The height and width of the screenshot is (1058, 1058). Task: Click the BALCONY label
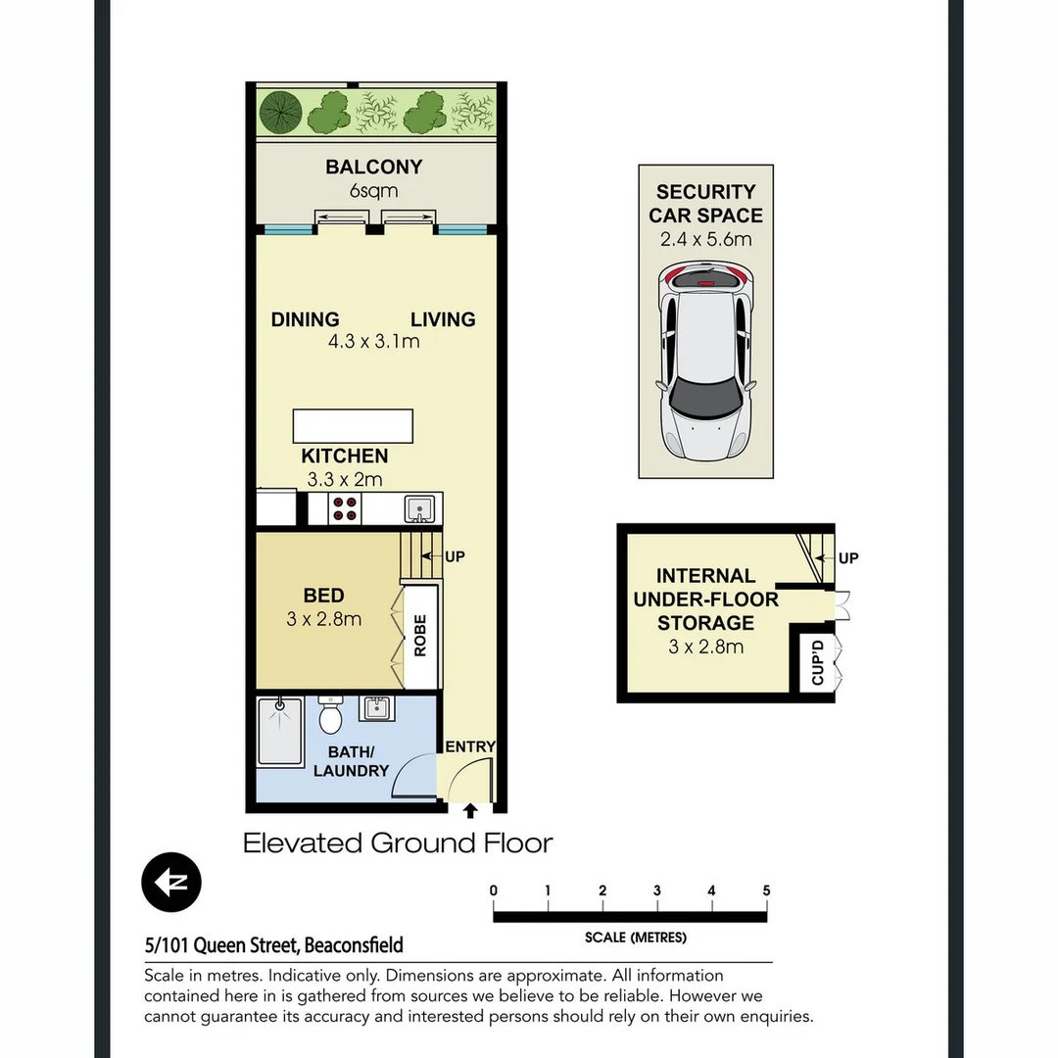point(373,168)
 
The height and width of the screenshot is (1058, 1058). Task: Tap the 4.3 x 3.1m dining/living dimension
point(373,342)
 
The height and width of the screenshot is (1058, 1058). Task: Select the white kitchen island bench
point(353,427)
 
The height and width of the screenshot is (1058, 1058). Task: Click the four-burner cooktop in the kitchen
point(345,508)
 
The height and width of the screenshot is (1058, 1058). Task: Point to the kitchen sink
point(418,508)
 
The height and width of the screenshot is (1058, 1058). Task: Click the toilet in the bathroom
point(330,716)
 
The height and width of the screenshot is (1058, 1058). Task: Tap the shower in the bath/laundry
point(281,730)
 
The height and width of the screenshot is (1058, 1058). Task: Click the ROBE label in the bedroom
point(420,636)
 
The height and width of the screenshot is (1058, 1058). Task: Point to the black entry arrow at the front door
point(470,810)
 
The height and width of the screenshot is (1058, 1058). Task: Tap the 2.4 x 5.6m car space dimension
point(705,239)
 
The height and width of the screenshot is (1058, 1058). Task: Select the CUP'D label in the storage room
point(816,664)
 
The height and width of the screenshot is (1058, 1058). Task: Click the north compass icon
point(171,883)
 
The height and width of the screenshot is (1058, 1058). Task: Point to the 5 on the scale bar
point(766,890)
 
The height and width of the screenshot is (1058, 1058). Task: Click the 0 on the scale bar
point(494,890)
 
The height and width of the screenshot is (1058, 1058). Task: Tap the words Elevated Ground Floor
point(398,843)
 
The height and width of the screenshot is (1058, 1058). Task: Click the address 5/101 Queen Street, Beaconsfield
point(273,945)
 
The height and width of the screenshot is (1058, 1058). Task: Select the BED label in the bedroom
point(323,596)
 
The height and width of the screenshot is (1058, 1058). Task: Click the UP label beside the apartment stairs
point(455,556)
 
